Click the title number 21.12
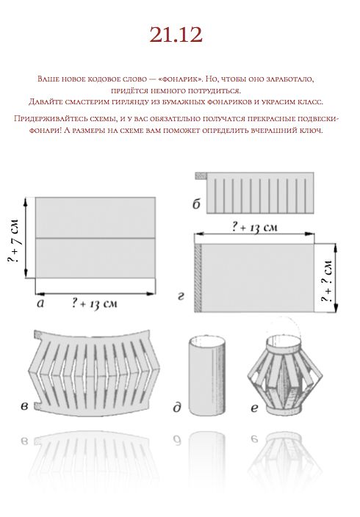tap(176, 35)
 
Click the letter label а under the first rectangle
tap(40, 303)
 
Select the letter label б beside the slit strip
tap(196, 204)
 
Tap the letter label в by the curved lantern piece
tap(24, 407)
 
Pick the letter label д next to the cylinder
tap(177, 408)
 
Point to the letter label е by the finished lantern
tap(254, 408)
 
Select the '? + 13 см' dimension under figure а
tap(94, 303)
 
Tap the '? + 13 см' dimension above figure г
tap(254, 227)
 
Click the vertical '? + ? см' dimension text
tap(327, 281)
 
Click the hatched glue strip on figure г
tap(198, 278)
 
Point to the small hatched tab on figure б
tap(201, 176)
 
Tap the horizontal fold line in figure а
tap(96, 238)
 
